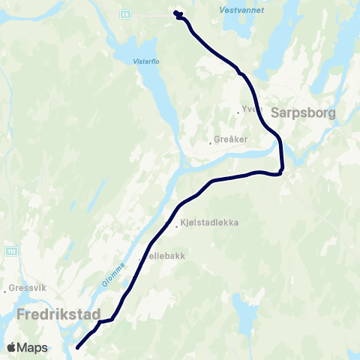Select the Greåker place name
tap(232, 139)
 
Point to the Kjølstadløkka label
tap(209, 223)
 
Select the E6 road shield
tap(124, 13)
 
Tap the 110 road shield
tap(10, 250)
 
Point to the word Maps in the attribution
tap(34, 347)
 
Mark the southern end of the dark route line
tap(78, 347)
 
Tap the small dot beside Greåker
tap(211, 142)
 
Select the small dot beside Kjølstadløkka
tap(177, 223)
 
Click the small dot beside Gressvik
tap(7, 289)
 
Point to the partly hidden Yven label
tap(248, 110)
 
